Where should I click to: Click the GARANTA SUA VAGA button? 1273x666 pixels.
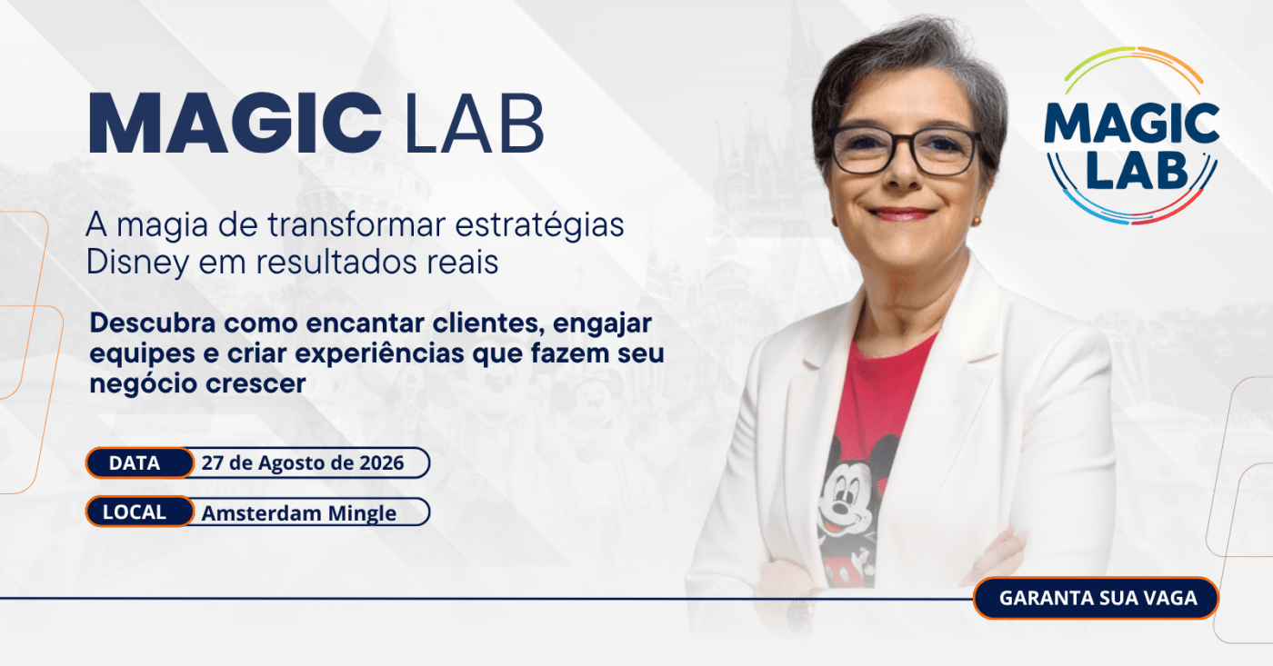pyautogui.click(x=1096, y=598)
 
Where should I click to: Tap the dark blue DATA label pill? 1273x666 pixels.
pyautogui.click(x=140, y=462)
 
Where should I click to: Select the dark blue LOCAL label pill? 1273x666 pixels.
pyautogui.click(x=140, y=512)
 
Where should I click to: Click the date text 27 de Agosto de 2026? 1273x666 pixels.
pyautogui.click(x=303, y=462)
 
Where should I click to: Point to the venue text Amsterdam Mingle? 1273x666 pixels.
pyautogui.click(x=299, y=513)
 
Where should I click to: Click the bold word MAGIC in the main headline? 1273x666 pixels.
pyautogui.click(x=236, y=124)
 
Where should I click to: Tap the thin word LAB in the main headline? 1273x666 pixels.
pyautogui.click(x=475, y=124)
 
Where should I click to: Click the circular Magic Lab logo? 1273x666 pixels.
pyautogui.click(x=1131, y=135)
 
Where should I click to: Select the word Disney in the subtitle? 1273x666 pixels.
pyautogui.click(x=137, y=263)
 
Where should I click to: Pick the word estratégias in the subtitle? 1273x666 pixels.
pyautogui.click(x=539, y=224)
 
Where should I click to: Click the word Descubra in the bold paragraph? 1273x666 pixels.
pyautogui.click(x=153, y=323)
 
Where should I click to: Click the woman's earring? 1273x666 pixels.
pyautogui.click(x=977, y=220)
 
